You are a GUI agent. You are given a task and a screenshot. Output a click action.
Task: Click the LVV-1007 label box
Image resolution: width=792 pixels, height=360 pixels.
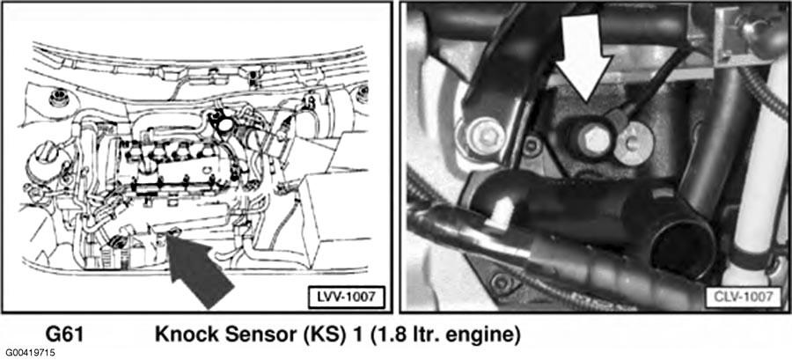347,297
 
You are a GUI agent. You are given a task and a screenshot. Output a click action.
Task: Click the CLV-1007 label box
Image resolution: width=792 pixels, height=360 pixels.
742,297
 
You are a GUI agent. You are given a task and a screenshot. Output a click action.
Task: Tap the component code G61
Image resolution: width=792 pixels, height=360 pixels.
63,335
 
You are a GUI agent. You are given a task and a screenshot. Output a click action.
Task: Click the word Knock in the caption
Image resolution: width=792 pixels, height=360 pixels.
185,335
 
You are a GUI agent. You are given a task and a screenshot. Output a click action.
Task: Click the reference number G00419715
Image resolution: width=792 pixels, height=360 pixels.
30,352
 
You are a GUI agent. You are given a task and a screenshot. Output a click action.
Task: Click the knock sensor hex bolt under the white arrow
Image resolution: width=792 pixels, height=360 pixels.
592,137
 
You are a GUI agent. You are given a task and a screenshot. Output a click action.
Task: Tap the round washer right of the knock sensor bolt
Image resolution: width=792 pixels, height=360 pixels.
634,143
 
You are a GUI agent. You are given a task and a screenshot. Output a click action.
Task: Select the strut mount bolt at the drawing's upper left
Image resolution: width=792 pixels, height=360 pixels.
59,98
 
